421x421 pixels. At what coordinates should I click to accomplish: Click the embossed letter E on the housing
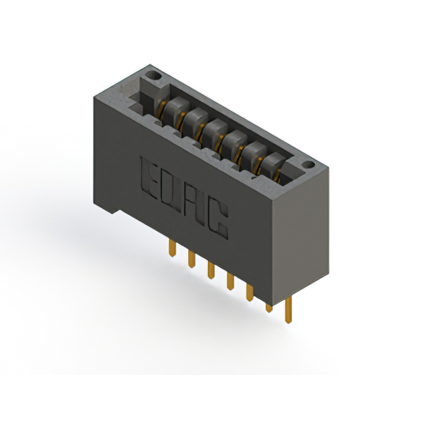pyautogui.click(x=149, y=178)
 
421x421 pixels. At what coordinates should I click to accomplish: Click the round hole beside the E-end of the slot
pyautogui.click(x=153, y=76)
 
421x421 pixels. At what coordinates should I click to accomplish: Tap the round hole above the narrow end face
pyautogui.click(x=308, y=164)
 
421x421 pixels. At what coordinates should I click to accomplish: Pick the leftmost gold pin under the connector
pyautogui.click(x=172, y=248)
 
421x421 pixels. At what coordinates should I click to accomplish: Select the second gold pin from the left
pyautogui.click(x=191, y=259)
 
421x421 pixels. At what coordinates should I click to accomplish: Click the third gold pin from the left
pyautogui.click(x=211, y=270)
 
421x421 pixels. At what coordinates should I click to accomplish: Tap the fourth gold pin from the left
pyautogui.click(x=230, y=281)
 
